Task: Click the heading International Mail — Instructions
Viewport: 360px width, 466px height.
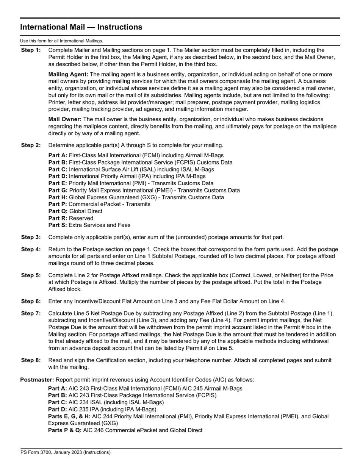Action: point(81,27)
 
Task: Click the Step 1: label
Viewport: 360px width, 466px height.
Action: point(31,50)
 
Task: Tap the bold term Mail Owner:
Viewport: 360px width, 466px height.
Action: point(65,119)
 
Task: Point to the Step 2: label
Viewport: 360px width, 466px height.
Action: point(31,145)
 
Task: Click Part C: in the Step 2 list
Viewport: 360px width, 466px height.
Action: point(58,169)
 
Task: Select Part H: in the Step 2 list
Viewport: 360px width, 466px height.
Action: point(58,197)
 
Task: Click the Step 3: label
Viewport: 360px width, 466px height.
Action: point(31,238)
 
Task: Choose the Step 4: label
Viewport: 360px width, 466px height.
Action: point(31,250)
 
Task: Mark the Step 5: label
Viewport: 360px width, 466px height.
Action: point(31,275)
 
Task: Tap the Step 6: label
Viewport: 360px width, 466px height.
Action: point(31,302)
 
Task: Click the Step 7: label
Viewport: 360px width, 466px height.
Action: point(31,314)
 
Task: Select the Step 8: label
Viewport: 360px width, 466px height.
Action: point(31,360)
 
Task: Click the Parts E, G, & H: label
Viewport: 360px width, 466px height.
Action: point(69,416)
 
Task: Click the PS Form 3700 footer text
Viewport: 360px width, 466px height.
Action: point(66,452)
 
